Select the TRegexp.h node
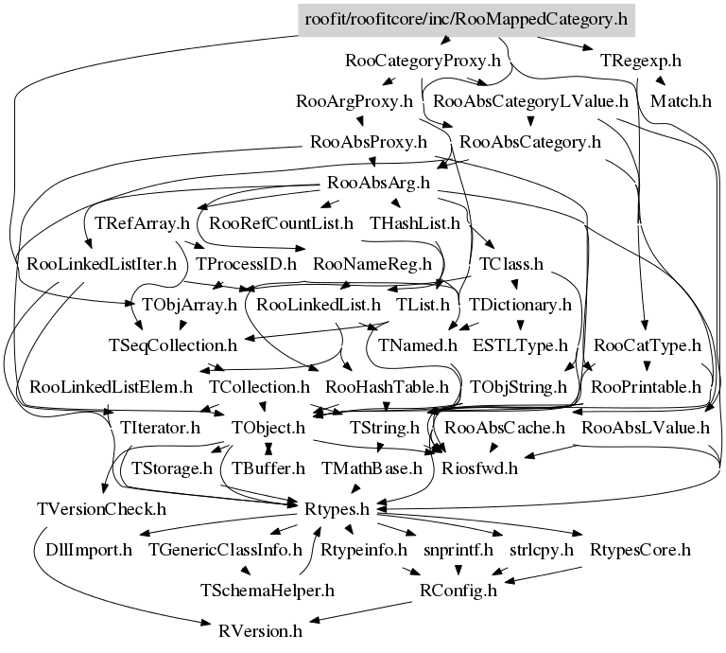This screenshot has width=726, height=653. pos(640,61)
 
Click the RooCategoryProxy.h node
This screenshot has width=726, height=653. pos(423,62)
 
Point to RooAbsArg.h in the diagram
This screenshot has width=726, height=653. pos(377,183)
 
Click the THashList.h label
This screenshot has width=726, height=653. pos(415,224)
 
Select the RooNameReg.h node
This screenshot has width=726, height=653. pos(372,264)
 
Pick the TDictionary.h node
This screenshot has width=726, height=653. pos(520,305)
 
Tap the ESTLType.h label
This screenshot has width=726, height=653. pos(521,346)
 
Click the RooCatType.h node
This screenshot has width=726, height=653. pos(648,346)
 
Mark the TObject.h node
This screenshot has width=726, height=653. pos(268,428)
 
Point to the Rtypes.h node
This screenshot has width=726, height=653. pos(337,509)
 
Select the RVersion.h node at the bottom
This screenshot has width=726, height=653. pos(260,630)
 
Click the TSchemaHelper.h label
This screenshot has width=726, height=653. pos(268,591)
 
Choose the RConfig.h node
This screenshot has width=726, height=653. pos(458,591)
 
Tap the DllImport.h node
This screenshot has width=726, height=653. pos(90,550)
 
